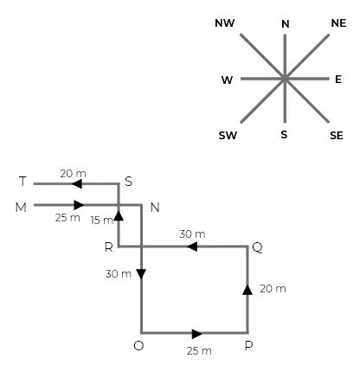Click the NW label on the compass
[224, 22]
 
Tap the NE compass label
[338, 22]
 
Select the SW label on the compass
[228, 136]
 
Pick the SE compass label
[337, 136]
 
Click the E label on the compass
[338, 79]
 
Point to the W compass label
[227, 80]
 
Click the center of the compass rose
[284, 79]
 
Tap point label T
[22, 182]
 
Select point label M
[22, 207]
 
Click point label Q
[257, 247]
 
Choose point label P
[249, 346]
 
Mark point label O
[138, 346]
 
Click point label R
[108, 247]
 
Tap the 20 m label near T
[73, 174]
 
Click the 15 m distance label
[101, 220]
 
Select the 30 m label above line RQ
[192, 234]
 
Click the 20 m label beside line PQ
[273, 288]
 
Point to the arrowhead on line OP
[197, 333]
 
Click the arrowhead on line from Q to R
[192, 247]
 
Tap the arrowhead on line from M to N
[79, 205]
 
